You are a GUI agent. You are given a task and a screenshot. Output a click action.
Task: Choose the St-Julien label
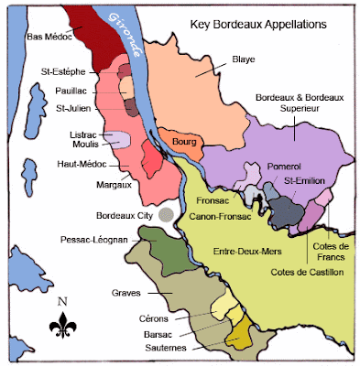click(73, 108)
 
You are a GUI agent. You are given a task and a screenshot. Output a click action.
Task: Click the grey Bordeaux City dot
click(165, 213)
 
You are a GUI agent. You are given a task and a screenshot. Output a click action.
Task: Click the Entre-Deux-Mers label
click(250, 250)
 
